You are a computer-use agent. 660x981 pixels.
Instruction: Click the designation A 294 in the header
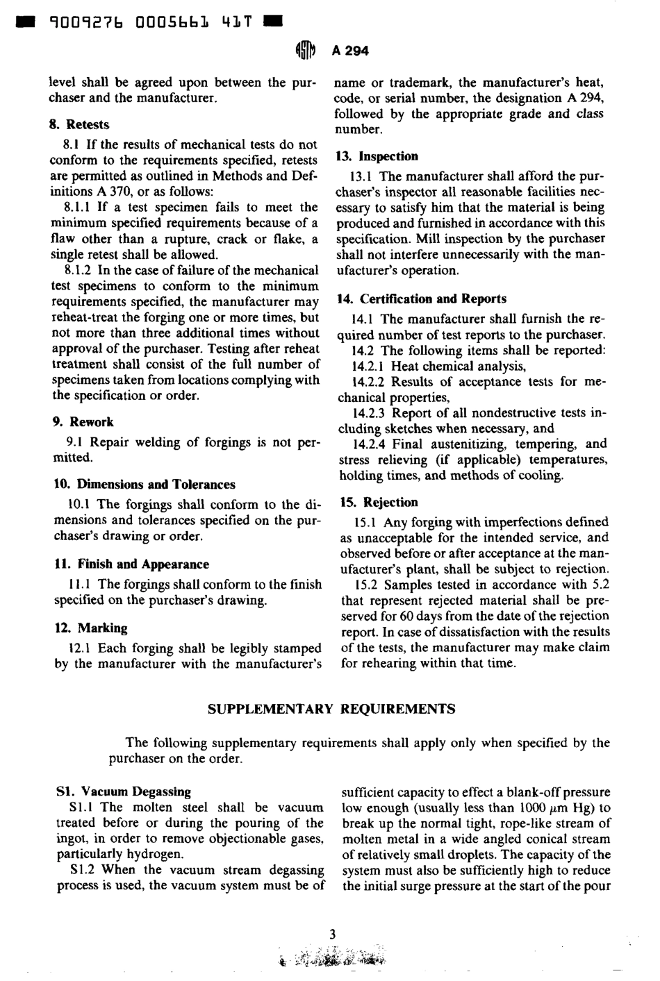click(x=350, y=50)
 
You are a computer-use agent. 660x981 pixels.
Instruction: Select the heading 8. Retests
click(x=81, y=124)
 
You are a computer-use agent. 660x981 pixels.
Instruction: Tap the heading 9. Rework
click(x=83, y=421)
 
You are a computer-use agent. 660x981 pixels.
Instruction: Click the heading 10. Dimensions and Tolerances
click(x=144, y=484)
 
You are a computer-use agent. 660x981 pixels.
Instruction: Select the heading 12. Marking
click(x=90, y=628)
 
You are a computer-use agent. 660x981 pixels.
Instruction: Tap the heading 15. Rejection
click(x=379, y=502)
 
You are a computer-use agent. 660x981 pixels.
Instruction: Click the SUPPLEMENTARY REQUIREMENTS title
click(x=331, y=709)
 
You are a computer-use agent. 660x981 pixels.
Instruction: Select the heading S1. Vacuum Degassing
click(x=123, y=791)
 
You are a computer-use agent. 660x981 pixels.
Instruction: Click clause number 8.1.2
click(x=79, y=270)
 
